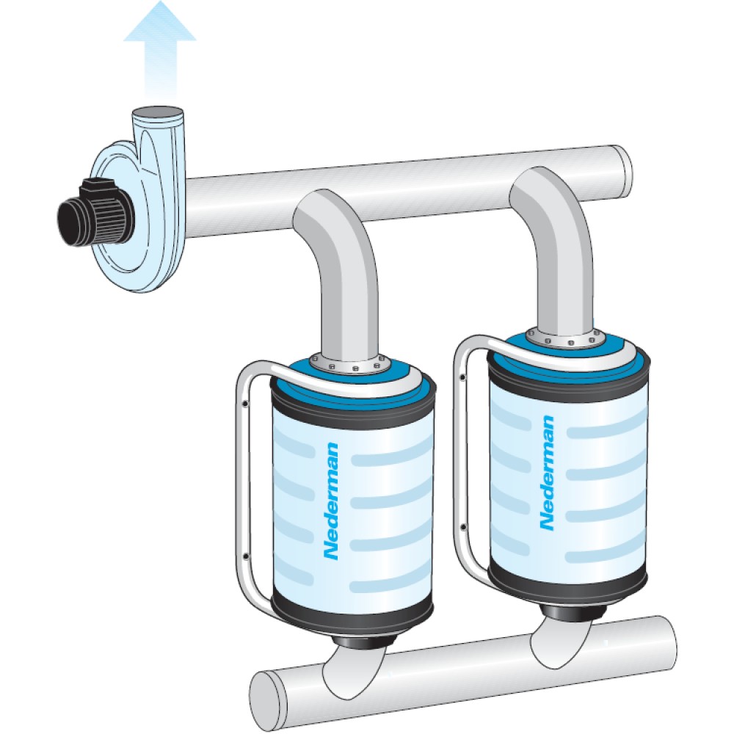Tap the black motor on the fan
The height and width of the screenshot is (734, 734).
[96, 211]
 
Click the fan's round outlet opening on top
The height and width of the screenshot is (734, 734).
[157, 112]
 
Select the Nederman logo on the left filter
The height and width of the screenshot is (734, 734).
[332, 501]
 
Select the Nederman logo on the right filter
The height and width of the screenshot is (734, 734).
[548, 473]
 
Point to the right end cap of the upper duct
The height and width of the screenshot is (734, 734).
[622, 170]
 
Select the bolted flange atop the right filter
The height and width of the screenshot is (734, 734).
[563, 337]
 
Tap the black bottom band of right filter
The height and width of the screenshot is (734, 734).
[567, 587]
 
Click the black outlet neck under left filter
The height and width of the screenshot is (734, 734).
[363, 642]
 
